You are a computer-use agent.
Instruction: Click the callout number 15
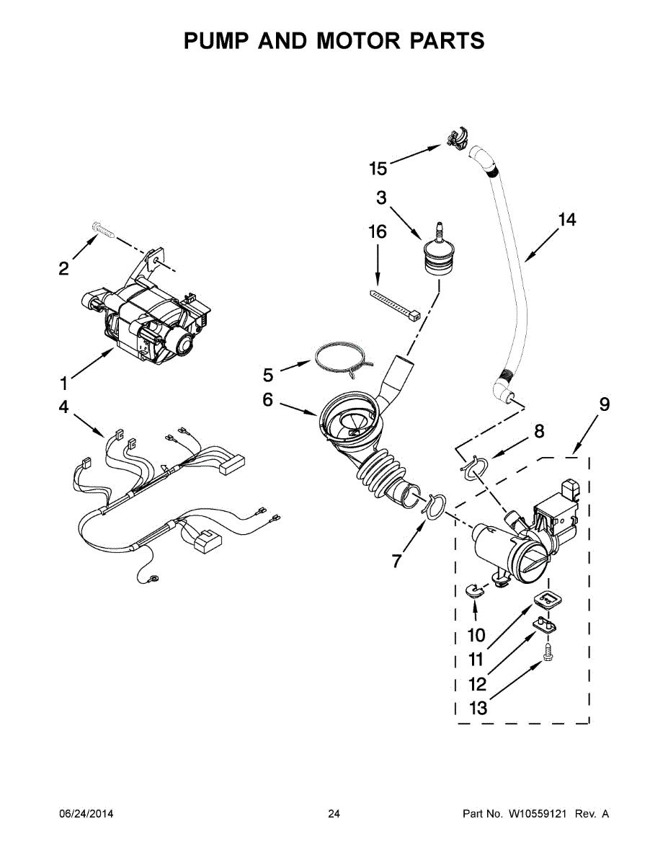pyautogui.click(x=378, y=169)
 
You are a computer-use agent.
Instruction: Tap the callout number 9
pyautogui.click(x=604, y=404)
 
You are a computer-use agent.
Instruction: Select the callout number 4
pyautogui.click(x=63, y=408)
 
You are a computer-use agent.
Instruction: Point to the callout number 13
pyautogui.click(x=478, y=709)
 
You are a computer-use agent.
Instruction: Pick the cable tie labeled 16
pyautogui.click(x=396, y=304)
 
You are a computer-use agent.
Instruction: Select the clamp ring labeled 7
pyautogui.click(x=434, y=506)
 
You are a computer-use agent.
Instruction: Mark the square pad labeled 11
pyautogui.click(x=548, y=598)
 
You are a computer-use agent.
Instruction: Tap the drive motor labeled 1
pyautogui.click(x=151, y=321)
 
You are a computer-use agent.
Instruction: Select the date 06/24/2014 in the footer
pyautogui.click(x=86, y=814)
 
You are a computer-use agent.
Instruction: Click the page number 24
pyautogui.click(x=334, y=814)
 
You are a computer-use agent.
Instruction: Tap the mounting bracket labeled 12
pyautogui.click(x=549, y=624)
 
